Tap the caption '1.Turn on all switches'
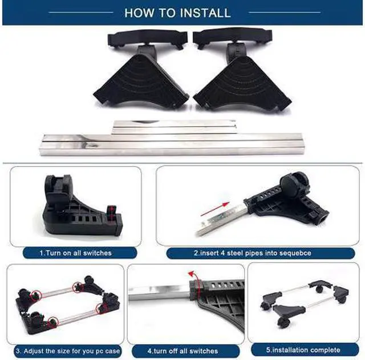pos(76,253)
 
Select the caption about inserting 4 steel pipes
pos(253,253)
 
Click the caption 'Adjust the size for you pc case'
pos(68,351)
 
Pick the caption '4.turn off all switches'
pos(182,351)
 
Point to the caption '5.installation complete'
pos(303,350)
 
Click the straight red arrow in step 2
pos(214,209)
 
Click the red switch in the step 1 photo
pos(112,213)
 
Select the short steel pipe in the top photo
pos(174,127)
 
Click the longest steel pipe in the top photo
pos(172,144)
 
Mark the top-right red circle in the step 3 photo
pos(78,287)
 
